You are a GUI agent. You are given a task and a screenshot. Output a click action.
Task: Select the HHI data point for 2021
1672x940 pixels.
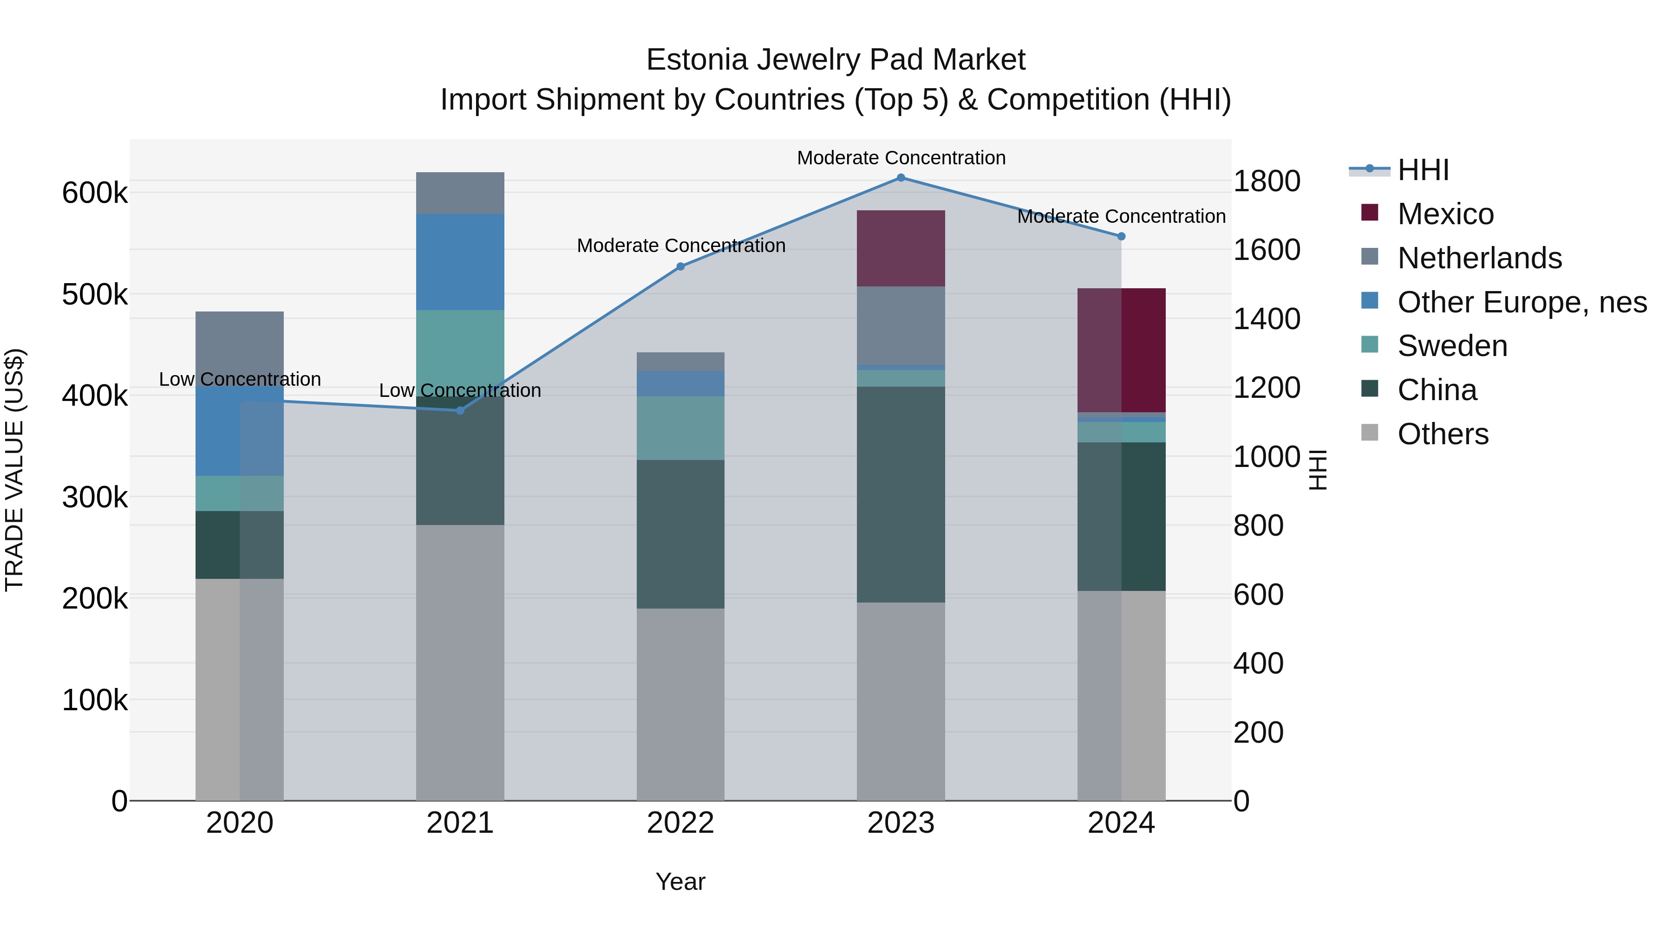[x=460, y=410]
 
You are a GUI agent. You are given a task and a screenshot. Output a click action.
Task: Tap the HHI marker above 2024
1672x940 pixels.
[x=1121, y=236]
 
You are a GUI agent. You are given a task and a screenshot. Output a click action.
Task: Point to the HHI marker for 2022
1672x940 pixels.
[x=680, y=266]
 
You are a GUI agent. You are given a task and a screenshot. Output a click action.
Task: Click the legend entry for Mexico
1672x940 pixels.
[x=1445, y=214]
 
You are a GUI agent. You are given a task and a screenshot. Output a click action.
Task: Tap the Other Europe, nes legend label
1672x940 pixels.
[x=1522, y=302]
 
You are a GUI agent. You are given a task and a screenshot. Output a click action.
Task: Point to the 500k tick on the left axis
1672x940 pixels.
[x=95, y=294]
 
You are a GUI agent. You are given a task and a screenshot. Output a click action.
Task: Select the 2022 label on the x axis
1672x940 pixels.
[x=680, y=823]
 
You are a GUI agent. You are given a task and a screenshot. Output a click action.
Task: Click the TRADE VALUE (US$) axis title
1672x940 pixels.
[x=14, y=470]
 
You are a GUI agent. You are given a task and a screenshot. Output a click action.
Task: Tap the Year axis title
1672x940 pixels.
[x=680, y=882]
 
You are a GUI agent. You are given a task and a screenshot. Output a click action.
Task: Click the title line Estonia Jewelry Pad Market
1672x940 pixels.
[x=836, y=60]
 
